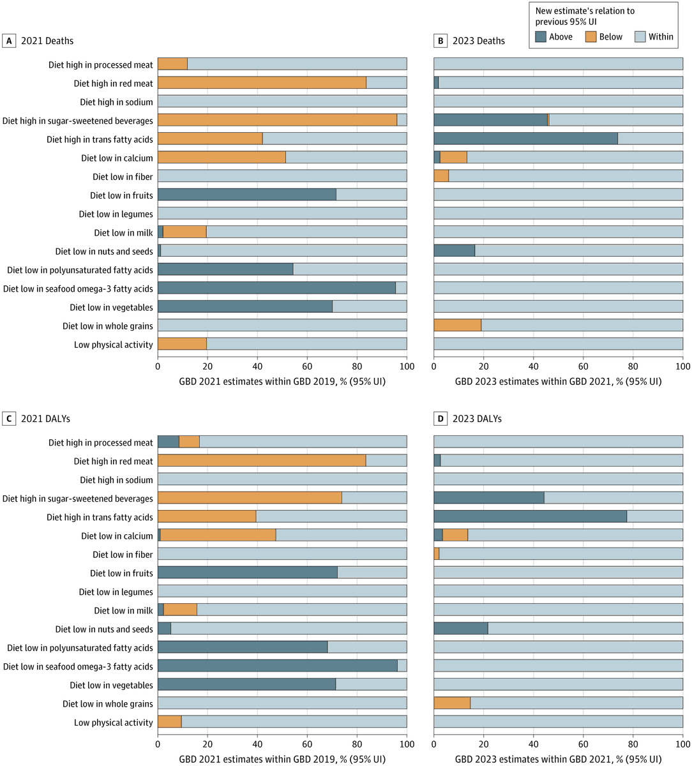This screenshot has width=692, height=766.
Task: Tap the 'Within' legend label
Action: click(661, 37)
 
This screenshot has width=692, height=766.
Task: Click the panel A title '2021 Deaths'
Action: click(47, 41)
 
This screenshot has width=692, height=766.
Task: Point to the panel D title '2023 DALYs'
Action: click(478, 419)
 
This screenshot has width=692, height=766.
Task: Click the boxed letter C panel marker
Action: click(9, 419)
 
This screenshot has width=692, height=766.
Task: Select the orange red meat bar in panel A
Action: click(262, 83)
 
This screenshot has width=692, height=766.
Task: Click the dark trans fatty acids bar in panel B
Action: click(525, 139)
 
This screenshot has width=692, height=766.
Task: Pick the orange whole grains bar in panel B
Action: click(457, 326)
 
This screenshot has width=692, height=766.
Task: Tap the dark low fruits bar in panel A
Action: click(246, 195)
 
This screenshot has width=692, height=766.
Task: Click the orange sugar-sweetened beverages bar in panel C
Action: click(250, 499)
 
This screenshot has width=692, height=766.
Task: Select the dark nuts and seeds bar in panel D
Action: click(460, 629)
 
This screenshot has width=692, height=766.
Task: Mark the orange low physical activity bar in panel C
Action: click(170, 723)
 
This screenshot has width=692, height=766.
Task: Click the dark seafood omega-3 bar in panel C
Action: click(277, 666)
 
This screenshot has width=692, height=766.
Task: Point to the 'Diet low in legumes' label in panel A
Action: click(116, 214)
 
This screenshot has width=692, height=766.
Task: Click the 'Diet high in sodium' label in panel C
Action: click(116, 480)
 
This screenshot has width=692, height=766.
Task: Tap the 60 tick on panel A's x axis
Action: click(307, 367)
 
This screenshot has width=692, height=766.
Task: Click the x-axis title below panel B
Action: click(558, 382)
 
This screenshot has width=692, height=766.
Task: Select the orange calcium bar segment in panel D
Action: click(455, 536)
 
